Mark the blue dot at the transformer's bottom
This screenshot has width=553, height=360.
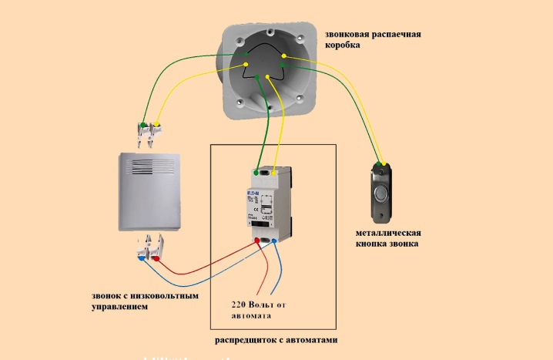[275, 241]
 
